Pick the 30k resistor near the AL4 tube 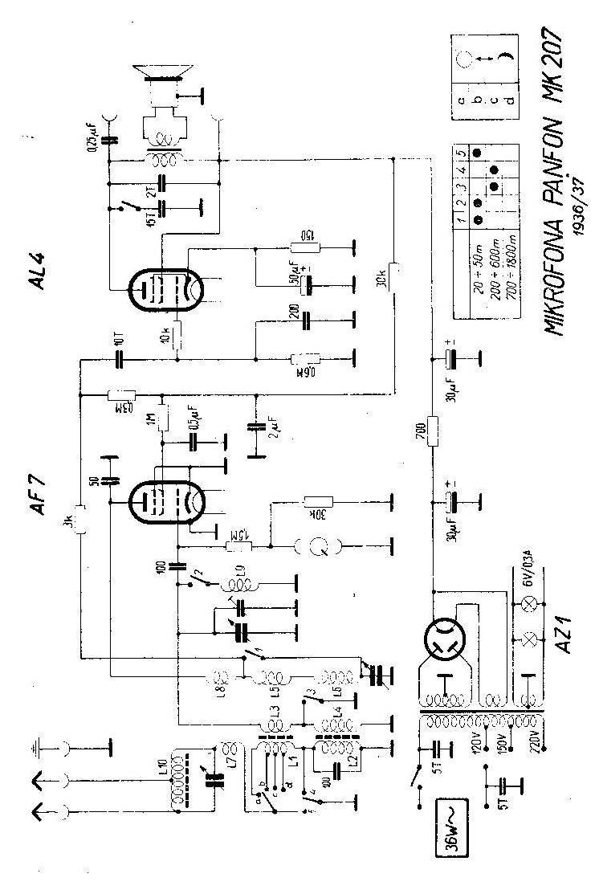click(394, 273)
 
